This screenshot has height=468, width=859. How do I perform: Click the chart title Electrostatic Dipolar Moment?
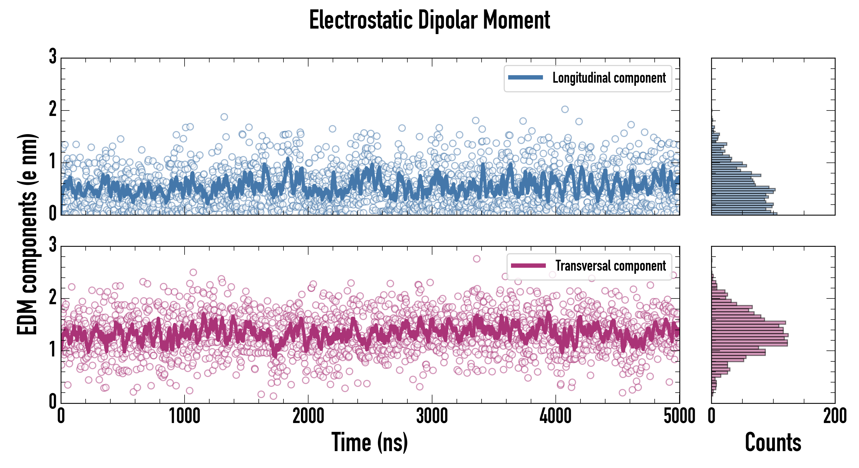(429, 20)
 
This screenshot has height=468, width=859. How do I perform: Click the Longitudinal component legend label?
(609, 78)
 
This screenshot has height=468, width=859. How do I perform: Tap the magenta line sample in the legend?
(528, 265)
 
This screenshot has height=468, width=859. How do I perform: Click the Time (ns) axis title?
(369, 442)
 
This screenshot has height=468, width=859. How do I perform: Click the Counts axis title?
(773, 442)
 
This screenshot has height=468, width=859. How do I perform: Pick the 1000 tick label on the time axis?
(184, 416)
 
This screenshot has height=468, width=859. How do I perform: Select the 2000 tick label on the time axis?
(308, 416)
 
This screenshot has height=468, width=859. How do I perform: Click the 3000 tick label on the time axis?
(432, 416)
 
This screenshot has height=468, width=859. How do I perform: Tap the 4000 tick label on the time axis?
(555, 416)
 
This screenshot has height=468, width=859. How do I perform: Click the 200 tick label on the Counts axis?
(835, 416)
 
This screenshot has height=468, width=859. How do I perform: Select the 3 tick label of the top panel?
(53, 57)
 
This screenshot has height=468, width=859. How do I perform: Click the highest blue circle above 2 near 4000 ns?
(565, 109)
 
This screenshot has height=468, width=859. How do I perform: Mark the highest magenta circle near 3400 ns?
(477, 259)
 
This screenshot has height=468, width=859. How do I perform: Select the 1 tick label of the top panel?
(53, 162)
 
